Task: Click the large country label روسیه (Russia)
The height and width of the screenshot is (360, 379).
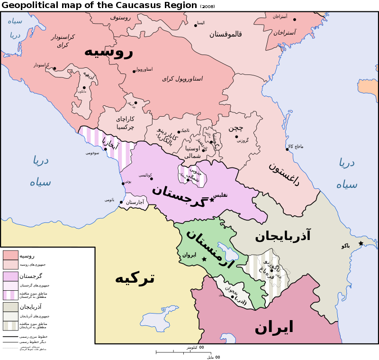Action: point(108,51)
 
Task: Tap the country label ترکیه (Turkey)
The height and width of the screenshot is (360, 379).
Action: point(135,278)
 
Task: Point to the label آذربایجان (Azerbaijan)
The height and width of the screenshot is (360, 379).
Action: point(283,236)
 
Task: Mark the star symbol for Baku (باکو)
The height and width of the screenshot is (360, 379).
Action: point(361,243)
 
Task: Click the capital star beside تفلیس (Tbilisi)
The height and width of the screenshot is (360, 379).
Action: point(212,200)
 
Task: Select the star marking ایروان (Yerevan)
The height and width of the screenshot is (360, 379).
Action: point(204,259)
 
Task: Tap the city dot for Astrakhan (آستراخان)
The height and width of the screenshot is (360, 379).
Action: point(294,19)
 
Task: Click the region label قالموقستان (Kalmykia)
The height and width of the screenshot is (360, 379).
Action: point(226,34)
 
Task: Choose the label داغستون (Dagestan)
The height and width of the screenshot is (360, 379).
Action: point(284,174)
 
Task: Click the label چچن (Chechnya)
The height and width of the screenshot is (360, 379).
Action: point(235,128)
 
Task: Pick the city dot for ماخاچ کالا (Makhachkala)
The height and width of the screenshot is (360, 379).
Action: point(287,149)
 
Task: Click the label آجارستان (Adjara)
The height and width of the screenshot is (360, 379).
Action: point(135,203)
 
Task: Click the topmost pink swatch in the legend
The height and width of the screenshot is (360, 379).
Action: point(10,255)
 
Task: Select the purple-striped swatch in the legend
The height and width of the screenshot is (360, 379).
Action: point(10,295)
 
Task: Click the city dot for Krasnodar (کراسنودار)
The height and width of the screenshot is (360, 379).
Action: point(54,68)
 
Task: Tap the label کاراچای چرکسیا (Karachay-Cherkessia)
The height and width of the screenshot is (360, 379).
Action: point(125,123)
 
